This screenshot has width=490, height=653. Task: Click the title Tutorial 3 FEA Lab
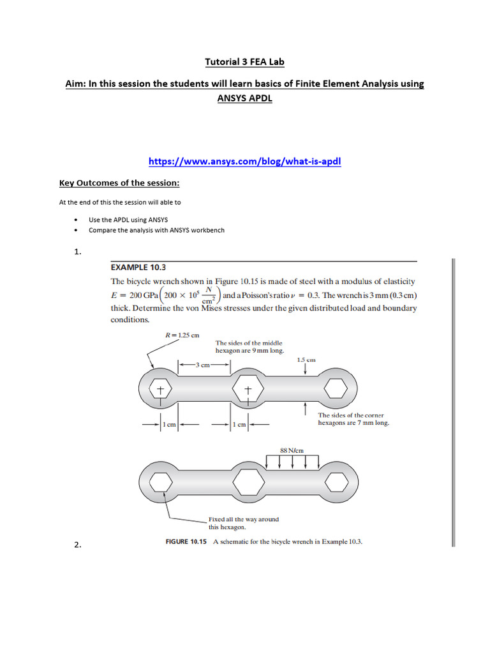click(x=245, y=62)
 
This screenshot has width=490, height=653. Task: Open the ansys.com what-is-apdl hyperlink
click(x=245, y=161)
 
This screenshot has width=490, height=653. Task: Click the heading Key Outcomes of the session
click(x=119, y=184)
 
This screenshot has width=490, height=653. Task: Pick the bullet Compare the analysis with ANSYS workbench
click(x=156, y=230)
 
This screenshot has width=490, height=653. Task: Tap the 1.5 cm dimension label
click(x=306, y=360)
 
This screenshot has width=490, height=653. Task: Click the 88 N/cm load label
click(x=292, y=450)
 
